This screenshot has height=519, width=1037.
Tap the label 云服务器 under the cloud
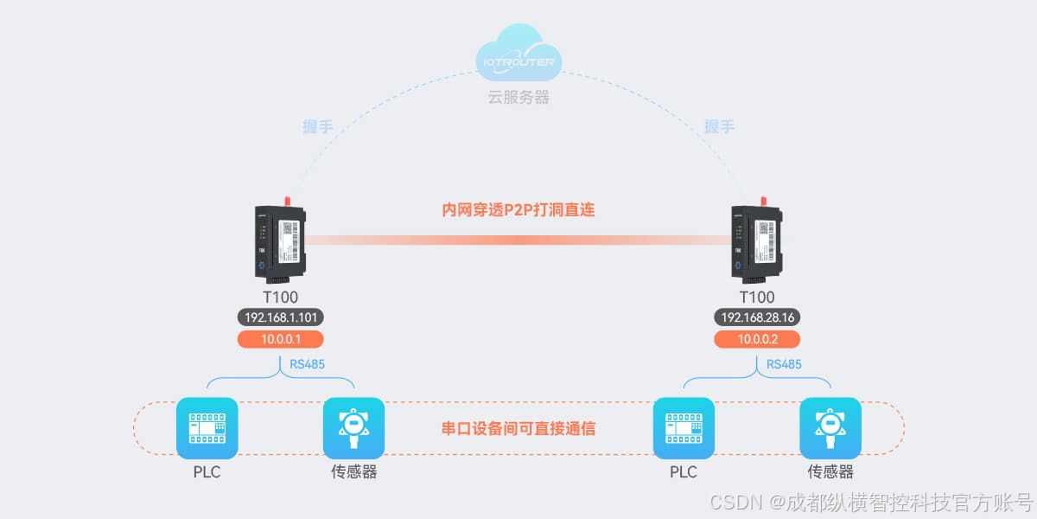518,97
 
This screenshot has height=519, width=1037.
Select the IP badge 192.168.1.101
280,317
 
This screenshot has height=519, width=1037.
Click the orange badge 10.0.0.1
280,339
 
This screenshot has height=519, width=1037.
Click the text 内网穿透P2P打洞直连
518,209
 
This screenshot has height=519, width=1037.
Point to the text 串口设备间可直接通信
518,428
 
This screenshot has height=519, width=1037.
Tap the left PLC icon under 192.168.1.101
207,428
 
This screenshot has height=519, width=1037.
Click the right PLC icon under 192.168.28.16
684,428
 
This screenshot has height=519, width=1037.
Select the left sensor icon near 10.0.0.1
353,428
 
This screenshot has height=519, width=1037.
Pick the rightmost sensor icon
830,428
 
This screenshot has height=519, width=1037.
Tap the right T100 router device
758,242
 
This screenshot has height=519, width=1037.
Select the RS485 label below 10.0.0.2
784,364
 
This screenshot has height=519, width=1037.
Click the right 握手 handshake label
719,127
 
